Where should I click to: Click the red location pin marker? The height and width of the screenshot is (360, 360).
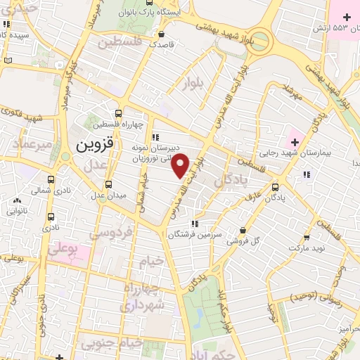tap(181, 165)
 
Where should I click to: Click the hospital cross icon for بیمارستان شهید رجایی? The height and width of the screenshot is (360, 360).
tap(295, 143)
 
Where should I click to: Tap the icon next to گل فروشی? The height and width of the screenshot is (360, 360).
tap(243, 230)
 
